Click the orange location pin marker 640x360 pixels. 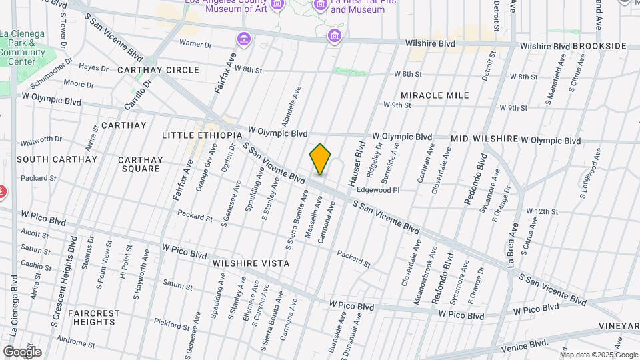320,159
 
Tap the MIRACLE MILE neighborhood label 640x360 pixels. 435,95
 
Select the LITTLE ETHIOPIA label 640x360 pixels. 202,135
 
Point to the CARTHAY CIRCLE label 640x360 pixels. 158,70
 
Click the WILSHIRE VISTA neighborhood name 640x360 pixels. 251,263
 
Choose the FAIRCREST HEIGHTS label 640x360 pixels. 93,317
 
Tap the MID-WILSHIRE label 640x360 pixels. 484,139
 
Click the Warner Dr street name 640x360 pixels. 195,44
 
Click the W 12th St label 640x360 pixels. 541,211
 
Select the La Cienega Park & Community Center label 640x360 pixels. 22,47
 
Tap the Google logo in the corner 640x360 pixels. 22,351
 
